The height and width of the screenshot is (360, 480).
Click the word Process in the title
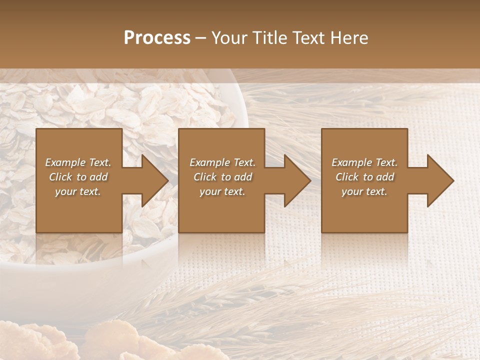(x=157, y=38)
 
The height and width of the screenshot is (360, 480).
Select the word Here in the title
(x=349, y=38)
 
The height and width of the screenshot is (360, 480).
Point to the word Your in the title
(x=229, y=38)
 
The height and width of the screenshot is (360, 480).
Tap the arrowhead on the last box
(x=440, y=180)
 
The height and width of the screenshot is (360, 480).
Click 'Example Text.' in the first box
(x=78, y=162)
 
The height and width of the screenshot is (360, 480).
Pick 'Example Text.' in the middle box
(x=222, y=162)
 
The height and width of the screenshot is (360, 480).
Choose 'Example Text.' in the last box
(x=364, y=162)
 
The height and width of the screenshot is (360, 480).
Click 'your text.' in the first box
(x=78, y=191)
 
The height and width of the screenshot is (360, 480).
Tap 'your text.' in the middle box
(x=222, y=191)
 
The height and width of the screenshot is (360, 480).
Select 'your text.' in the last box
(x=364, y=191)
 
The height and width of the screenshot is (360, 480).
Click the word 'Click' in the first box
(x=60, y=177)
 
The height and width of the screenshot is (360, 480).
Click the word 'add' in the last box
(x=385, y=177)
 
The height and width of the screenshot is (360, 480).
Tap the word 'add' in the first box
(x=98, y=177)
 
